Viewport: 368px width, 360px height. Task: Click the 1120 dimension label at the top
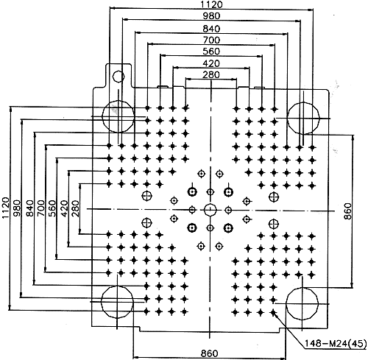point(211,4)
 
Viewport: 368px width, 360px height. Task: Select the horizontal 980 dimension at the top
point(211,16)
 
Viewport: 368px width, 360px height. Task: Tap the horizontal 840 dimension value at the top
point(211,29)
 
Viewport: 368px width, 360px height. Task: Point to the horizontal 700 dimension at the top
point(211,40)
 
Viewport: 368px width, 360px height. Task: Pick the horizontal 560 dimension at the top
point(211,52)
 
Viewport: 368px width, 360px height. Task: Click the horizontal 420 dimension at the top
point(211,63)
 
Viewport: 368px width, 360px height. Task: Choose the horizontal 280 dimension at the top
point(211,74)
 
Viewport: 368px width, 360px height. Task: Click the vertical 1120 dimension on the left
point(5,208)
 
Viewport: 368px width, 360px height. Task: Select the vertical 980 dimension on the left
point(17,208)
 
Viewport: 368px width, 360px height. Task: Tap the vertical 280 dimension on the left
point(76,208)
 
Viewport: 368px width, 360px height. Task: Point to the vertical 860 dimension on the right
point(347,211)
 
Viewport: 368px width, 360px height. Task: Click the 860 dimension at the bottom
point(209,353)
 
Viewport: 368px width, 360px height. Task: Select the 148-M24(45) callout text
point(336,343)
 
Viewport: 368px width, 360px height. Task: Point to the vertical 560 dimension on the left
point(52,208)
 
